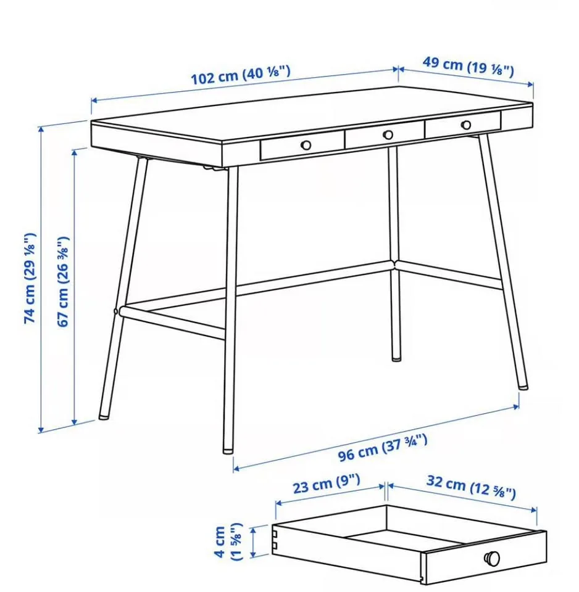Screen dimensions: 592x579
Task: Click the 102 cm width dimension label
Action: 240,76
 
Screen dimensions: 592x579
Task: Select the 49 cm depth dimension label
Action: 467,67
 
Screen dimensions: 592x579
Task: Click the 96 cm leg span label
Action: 382,448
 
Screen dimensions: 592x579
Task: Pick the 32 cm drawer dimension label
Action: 470,487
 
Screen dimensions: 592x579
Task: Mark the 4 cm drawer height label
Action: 228,541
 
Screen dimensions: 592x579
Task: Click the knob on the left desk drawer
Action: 306,145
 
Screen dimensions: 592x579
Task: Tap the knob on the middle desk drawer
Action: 388,135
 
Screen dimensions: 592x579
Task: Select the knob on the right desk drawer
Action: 465,125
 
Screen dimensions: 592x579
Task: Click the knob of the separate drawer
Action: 492,557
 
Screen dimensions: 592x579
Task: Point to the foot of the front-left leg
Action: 104,414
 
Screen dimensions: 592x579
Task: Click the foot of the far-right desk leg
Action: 523,385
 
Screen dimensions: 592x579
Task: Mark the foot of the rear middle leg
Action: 396,356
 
